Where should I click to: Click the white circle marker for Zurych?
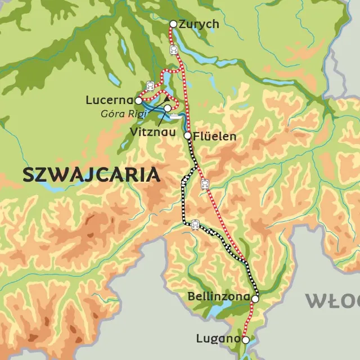point(173,24)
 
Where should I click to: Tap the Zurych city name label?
point(199,24)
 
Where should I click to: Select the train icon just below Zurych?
point(174,50)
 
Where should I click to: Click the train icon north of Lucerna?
point(150,86)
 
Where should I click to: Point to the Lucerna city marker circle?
point(138,101)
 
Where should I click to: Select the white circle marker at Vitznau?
point(168,108)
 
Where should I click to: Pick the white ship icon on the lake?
point(175,118)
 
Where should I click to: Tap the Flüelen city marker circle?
point(187,136)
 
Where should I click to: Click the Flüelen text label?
point(214,136)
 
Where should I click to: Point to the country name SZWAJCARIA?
point(91,175)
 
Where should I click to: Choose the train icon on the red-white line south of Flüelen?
point(205,183)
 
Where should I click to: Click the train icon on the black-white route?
point(195,224)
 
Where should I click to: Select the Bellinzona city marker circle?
point(255,299)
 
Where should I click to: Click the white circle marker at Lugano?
point(245,339)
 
